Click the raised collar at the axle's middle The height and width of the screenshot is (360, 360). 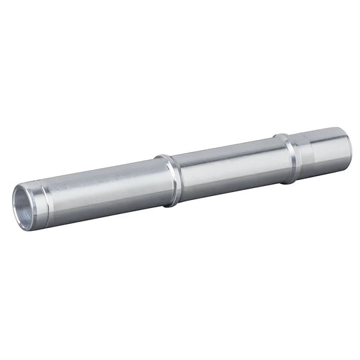170,180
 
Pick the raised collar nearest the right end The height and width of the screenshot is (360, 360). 288,159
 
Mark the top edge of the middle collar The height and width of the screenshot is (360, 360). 164,157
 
